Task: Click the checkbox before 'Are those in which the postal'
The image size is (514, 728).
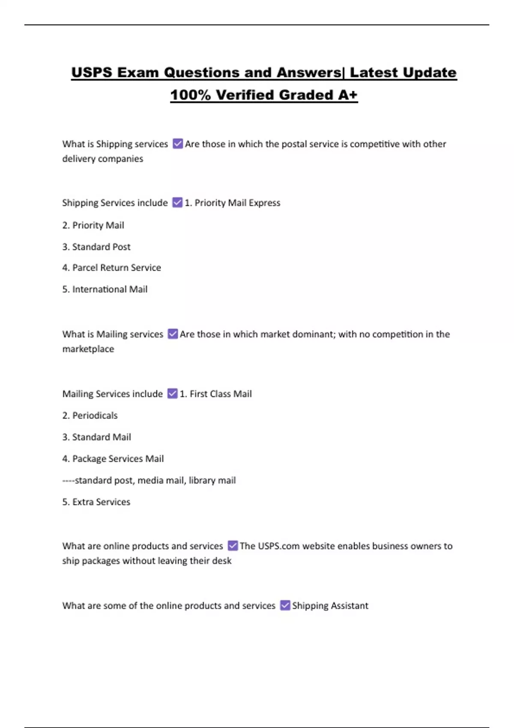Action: click(178, 143)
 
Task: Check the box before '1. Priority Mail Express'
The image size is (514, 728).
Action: click(177, 203)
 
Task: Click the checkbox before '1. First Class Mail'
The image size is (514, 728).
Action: click(172, 394)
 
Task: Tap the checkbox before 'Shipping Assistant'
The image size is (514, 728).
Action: click(285, 605)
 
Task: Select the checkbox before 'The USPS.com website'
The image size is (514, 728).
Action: click(233, 546)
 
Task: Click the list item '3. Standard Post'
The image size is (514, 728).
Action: click(96, 247)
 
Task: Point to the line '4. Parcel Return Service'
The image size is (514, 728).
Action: click(111, 268)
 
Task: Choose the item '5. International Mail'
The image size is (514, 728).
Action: click(105, 289)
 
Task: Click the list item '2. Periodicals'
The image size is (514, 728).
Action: click(90, 415)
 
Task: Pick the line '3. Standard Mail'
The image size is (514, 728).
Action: click(96, 437)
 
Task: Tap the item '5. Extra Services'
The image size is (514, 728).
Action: click(96, 502)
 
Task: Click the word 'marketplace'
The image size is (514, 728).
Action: click(88, 349)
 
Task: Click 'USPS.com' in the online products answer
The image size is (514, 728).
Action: click(278, 546)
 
